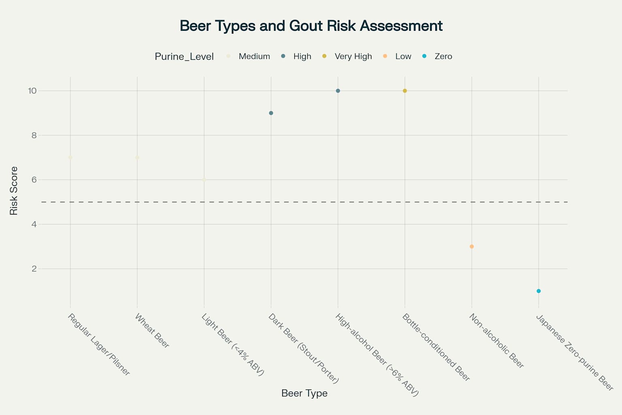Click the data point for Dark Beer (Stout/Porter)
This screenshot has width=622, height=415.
click(271, 113)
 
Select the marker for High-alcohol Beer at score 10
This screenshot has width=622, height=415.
click(338, 91)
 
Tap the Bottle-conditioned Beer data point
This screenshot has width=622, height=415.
click(405, 91)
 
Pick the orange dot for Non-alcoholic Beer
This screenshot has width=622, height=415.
click(472, 246)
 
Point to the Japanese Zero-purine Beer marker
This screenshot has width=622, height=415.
click(539, 291)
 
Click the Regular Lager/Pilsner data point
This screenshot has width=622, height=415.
click(70, 158)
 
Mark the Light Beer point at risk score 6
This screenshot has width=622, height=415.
click(204, 180)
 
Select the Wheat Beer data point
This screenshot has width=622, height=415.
click(137, 158)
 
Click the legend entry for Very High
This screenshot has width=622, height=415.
click(347, 56)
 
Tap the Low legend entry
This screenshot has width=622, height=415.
click(397, 56)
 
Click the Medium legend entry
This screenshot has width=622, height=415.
click(248, 56)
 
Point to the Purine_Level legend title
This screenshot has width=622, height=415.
click(184, 57)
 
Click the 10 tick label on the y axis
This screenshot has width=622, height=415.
click(32, 91)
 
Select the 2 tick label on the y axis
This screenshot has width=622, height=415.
click(34, 269)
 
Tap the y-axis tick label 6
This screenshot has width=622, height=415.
click(34, 180)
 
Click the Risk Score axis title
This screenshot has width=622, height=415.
click(14, 191)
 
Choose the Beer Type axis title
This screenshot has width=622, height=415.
click(305, 394)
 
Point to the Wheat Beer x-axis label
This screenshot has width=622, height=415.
click(152, 330)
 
